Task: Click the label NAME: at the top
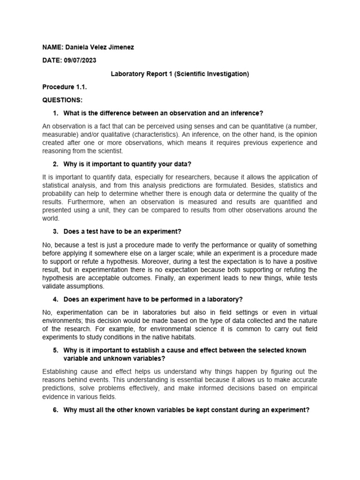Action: click(x=52, y=47)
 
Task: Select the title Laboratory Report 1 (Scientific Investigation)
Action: click(x=180, y=74)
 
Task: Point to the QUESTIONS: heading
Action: click(x=62, y=100)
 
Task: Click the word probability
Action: click(x=58, y=194)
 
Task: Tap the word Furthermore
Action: click(x=62, y=202)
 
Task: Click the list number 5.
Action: click(x=55, y=350)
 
